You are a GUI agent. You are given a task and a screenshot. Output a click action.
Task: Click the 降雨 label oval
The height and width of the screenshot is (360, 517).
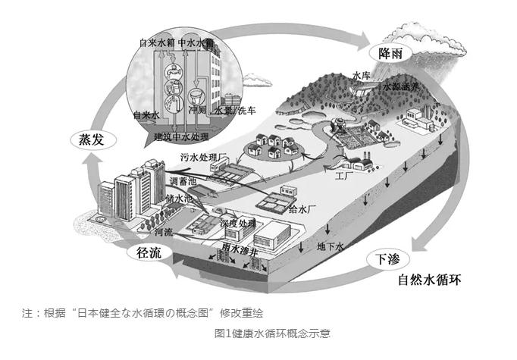(385, 53)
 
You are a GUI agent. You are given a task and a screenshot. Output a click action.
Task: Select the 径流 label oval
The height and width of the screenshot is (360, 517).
(146, 253)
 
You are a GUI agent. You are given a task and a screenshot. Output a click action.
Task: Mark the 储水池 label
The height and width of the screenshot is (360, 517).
(179, 199)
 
